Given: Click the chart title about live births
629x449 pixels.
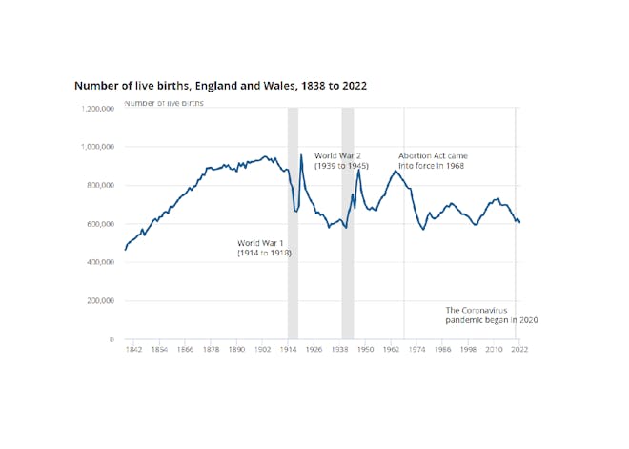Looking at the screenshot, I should [x=221, y=86].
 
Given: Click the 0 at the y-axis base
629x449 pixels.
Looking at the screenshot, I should [x=112, y=339].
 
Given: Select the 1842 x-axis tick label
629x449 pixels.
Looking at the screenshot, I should [x=134, y=351].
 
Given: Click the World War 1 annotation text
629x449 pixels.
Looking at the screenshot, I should [x=264, y=249].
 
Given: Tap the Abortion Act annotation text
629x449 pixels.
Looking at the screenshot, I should [x=433, y=160].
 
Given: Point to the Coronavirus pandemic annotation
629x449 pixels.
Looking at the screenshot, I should [x=492, y=316].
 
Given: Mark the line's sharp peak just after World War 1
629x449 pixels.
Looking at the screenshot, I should [x=301, y=154].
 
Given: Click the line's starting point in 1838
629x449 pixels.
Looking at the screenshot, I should [x=125, y=250].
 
